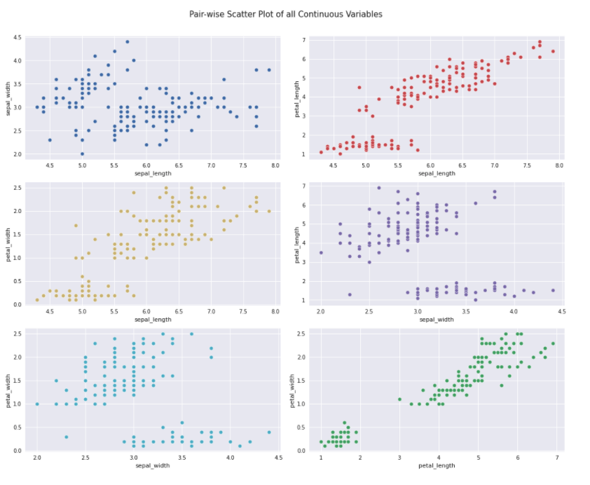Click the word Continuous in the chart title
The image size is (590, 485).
[319, 14]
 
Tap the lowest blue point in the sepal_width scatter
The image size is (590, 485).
[82, 153]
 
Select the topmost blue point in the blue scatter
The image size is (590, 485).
[127, 42]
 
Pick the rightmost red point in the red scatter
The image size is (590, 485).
[553, 51]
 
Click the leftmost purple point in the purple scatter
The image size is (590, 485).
[321, 253]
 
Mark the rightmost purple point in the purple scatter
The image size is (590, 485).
[553, 290]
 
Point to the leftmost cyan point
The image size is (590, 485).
[37, 404]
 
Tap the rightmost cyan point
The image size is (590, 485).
[269, 432]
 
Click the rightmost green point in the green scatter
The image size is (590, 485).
[553, 343]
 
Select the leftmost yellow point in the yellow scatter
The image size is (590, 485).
[37, 300]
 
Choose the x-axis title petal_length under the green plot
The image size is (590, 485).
[436, 465]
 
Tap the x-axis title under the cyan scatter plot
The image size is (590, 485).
[152, 465]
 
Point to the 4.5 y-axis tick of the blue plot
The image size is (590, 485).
[17, 38]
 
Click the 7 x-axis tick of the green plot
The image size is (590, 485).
[557, 458]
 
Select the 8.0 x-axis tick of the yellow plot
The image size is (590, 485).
[275, 311]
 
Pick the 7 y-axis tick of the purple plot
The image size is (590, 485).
[305, 186]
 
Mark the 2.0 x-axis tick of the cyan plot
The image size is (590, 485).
[37, 458]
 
